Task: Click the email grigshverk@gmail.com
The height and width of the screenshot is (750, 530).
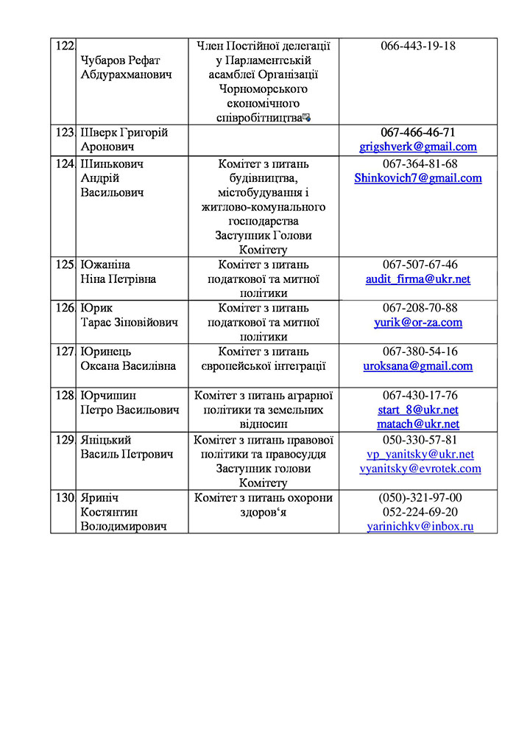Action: [x=418, y=147]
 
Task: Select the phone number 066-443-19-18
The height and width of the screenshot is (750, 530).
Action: [x=418, y=46]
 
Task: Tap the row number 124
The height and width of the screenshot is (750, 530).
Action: [x=63, y=164]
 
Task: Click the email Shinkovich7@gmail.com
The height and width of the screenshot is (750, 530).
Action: [x=418, y=178]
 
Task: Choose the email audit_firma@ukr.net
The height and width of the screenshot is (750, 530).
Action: [x=418, y=279]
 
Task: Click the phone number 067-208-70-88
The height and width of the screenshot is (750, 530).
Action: [x=418, y=308]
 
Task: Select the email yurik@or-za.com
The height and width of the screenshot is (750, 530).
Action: [x=418, y=323]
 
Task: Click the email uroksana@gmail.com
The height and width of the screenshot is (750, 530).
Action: [x=418, y=366]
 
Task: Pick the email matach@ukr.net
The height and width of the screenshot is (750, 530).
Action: [x=418, y=424]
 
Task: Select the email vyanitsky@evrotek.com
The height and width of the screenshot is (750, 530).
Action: [x=420, y=469]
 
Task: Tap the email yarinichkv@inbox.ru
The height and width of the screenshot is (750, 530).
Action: [x=420, y=527]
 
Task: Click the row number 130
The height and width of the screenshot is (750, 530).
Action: [x=63, y=498]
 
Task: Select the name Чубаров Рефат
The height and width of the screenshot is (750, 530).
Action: [x=121, y=60]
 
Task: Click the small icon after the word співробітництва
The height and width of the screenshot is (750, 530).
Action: [x=306, y=117]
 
